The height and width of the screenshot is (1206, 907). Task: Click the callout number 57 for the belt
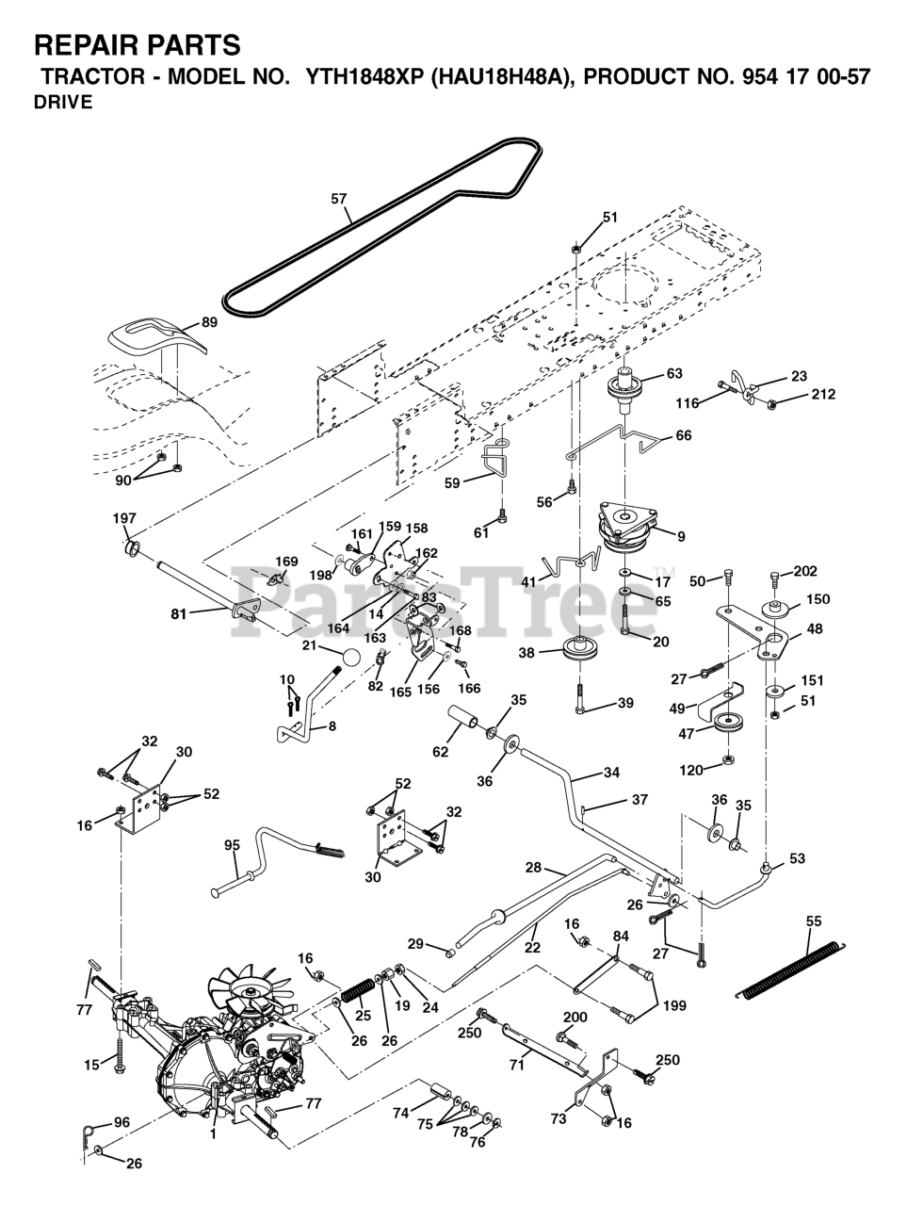[339, 199]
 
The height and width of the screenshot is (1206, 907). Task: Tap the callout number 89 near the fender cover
[209, 322]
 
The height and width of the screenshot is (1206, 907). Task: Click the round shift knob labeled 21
[348, 657]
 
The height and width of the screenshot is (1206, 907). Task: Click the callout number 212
[823, 395]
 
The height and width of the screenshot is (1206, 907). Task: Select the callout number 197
[124, 518]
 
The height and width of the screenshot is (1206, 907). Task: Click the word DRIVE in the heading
[63, 104]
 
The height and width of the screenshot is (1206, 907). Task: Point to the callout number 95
[233, 845]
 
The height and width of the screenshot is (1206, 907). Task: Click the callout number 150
[818, 599]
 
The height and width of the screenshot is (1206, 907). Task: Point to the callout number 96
[121, 1122]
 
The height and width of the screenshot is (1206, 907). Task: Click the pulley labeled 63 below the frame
[625, 388]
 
